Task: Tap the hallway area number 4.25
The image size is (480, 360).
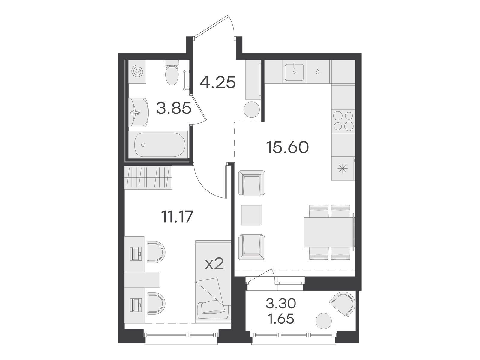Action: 217,82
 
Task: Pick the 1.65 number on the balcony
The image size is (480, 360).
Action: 281,319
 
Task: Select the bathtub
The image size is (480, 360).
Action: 160,145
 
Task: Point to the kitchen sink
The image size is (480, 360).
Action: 294,72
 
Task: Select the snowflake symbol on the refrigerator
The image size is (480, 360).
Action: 343,169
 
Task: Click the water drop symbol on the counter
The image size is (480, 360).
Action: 317,72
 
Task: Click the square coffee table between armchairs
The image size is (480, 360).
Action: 251,215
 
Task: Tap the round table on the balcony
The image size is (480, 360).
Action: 324,321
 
